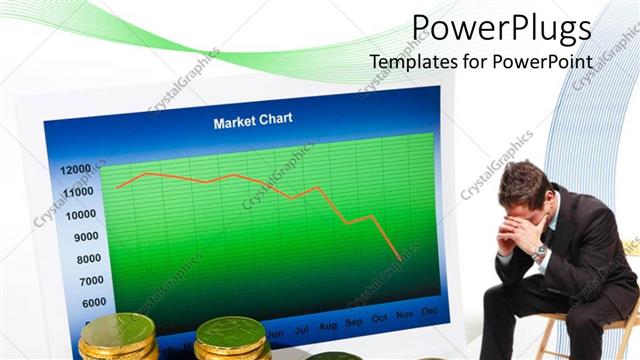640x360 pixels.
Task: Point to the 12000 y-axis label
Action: (75, 169)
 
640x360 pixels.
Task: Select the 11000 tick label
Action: (77, 191)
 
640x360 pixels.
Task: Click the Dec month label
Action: (430, 313)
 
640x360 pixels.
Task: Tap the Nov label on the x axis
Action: (405, 317)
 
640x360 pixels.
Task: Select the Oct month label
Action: (379, 320)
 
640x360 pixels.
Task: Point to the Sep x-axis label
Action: (353, 323)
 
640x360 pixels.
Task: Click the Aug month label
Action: (327, 326)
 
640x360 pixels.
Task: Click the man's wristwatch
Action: (539, 252)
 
